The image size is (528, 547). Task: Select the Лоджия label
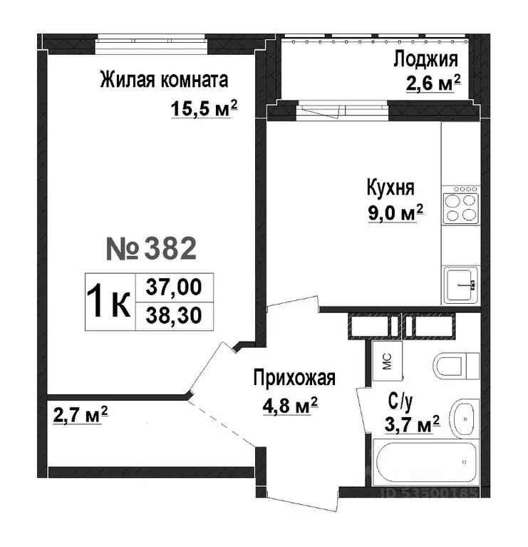(x=426, y=58)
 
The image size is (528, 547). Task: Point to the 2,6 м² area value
(x=428, y=83)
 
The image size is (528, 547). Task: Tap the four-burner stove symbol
(x=460, y=205)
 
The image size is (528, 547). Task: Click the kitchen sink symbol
(x=460, y=285)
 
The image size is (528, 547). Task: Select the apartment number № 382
(x=150, y=248)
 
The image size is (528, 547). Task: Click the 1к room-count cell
(x=109, y=302)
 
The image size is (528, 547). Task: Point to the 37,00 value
(x=173, y=287)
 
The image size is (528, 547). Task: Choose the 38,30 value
(x=173, y=315)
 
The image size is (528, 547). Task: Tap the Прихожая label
(x=294, y=379)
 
